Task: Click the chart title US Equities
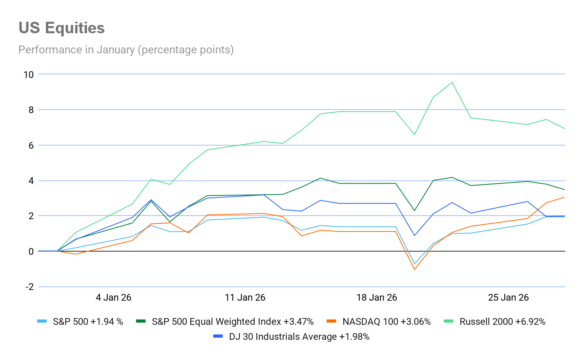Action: pos(62,28)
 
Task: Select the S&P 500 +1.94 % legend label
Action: pos(88,322)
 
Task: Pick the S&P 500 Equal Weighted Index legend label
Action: pos(233,322)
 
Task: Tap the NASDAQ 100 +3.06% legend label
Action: pos(386,322)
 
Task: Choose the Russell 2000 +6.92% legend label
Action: pos(502,322)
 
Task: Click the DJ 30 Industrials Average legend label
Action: pos(299,337)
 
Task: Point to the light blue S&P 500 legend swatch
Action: pos(42,321)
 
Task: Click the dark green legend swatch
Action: pos(140,321)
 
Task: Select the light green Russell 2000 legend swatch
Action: pos(449,321)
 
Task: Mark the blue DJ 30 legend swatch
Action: pos(218,336)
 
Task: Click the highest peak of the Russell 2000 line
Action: pos(452,82)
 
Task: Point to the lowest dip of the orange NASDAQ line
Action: pos(415,269)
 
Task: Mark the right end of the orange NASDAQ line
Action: pos(564,197)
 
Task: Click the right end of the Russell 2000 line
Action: pos(564,129)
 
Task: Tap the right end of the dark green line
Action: pos(564,190)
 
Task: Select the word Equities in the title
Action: pos(75,28)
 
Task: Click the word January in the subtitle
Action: pos(115,50)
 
